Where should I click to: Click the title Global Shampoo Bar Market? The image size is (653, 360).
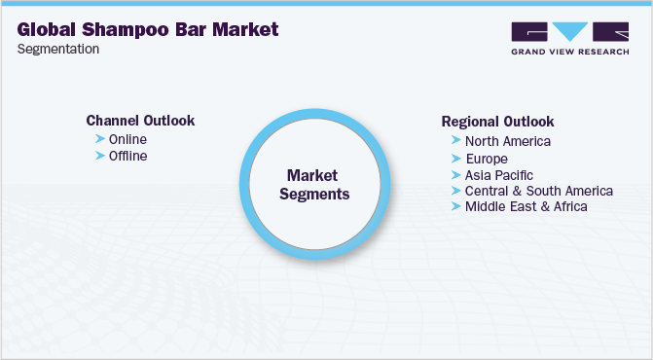pos(148,29)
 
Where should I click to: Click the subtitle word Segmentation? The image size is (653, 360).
pos(58,50)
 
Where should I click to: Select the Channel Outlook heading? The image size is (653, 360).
pos(140,121)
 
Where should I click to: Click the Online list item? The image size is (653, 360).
pos(127,139)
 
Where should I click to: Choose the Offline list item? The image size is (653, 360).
pos(128,156)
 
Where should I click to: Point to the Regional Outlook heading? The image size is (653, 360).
pos(497,122)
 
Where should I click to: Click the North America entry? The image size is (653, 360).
pos(507,141)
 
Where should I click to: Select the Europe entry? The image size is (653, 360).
pos(487,158)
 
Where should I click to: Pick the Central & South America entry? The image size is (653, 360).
pos(538,191)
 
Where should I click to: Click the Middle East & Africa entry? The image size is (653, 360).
pos(526,206)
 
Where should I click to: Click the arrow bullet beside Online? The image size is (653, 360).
pos(99,139)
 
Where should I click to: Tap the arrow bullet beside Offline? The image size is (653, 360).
pos(99,156)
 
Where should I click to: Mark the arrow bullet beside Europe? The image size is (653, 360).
pos(455,158)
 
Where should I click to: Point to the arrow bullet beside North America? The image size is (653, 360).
pos(455,141)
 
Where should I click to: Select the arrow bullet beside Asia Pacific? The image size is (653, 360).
pos(455,174)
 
